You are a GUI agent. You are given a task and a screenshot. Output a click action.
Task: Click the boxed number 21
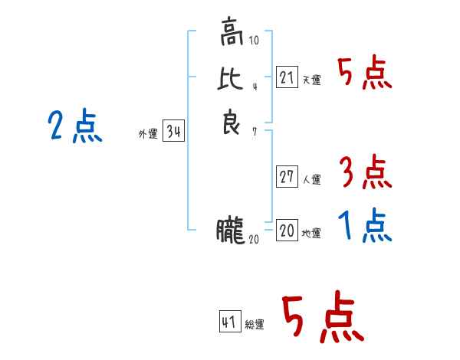[x=287, y=77]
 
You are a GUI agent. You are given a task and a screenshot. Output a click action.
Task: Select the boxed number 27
[x=287, y=177]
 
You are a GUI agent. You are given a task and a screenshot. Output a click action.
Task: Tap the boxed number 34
[x=173, y=132]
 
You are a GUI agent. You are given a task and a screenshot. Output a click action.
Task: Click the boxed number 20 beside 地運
[x=287, y=229]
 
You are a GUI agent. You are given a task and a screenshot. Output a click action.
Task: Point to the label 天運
[x=311, y=80]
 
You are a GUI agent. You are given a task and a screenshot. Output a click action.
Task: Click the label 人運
[x=311, y=180]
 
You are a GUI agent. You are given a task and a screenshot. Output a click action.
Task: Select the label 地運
[x=311, y=233]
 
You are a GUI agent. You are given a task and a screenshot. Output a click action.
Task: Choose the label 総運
[x=255, y=325]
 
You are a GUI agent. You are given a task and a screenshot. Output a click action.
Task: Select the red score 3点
[x=365, y=172]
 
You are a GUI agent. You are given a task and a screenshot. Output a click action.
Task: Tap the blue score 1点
[x=365, y=225]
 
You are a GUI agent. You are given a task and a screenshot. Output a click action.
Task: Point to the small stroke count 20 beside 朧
[x=255, y=240]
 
